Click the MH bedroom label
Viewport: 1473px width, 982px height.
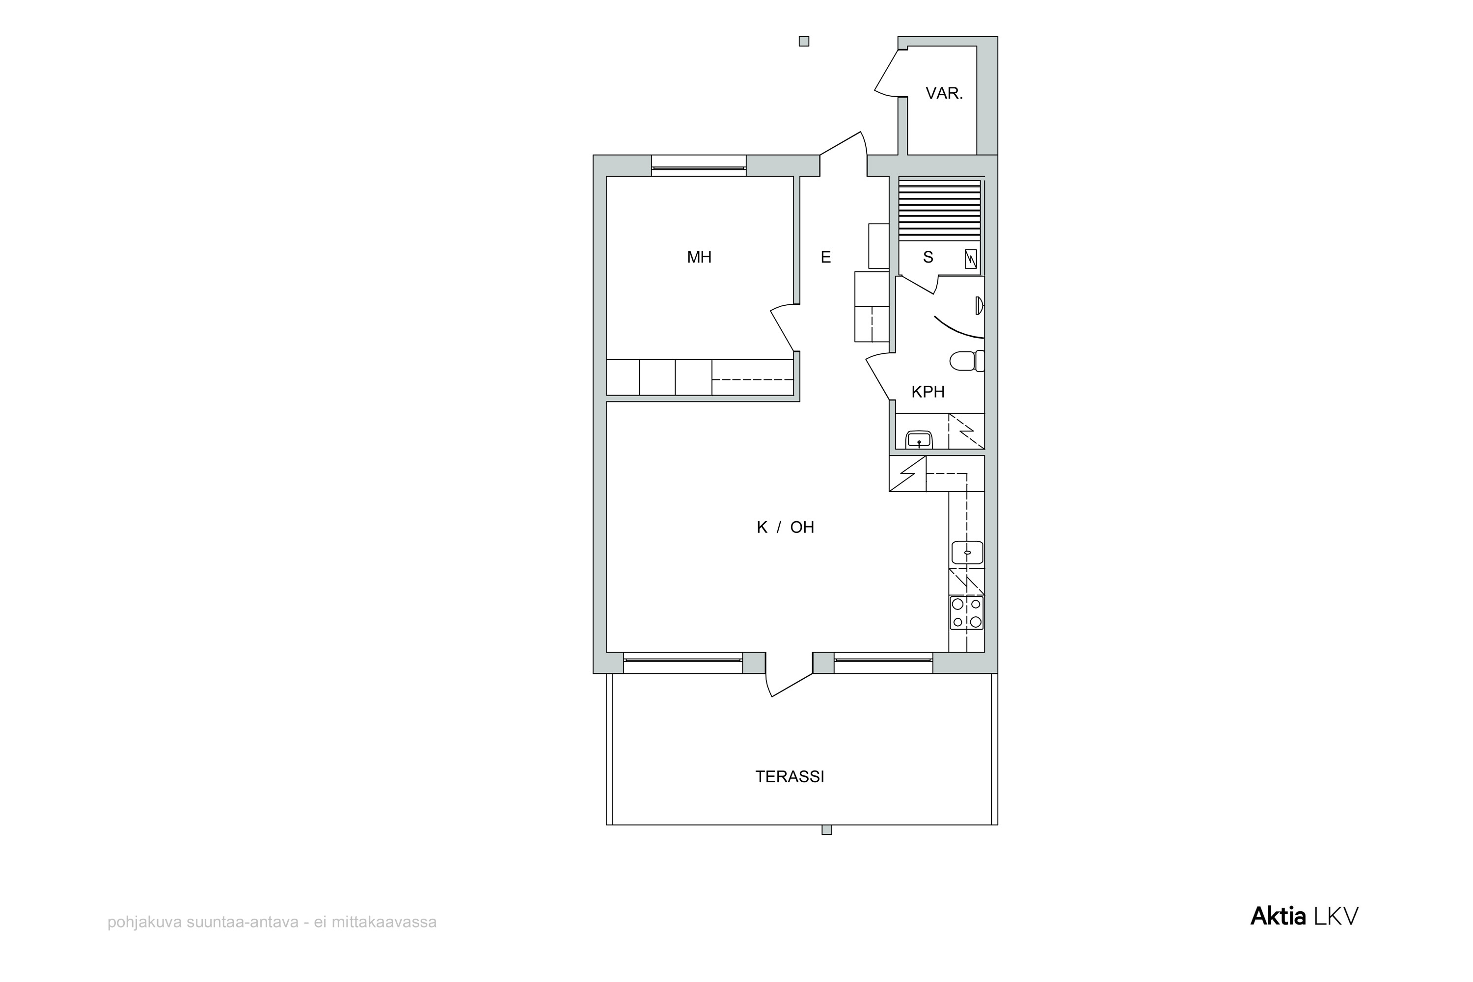click(699, 257)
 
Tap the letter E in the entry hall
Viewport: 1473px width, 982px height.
click(826, 257)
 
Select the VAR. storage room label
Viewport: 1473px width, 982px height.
click(944, 93)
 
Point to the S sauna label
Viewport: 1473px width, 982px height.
click(928, 257)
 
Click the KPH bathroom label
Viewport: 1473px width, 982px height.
click(928, 392)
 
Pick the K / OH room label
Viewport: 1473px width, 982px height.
click(786, 528)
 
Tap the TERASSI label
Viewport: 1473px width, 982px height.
click(790, 776)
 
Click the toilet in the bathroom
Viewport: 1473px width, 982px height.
click(967, 361)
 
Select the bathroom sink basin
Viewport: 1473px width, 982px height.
click(919, 440)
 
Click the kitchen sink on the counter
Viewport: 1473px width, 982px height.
click(967, 553)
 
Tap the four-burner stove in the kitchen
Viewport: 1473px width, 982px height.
click(967, 613)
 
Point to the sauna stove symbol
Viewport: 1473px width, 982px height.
click(971, 259)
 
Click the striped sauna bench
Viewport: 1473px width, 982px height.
click(940, 211)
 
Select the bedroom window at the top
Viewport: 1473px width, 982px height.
click(699, 166)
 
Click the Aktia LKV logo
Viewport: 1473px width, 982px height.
click(1305, 916)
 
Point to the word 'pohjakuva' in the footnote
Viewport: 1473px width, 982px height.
click(145, 923)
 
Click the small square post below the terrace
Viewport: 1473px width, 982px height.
click(827, 830)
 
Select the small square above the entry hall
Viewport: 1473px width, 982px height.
click(804, 41)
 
